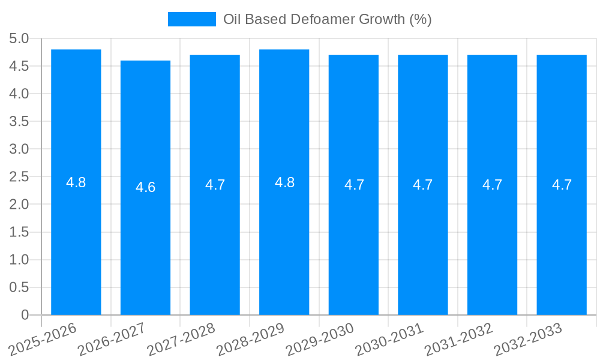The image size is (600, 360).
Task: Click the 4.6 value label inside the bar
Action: [x=145, y=187]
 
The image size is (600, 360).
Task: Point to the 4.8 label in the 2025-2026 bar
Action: [x=76, y=182]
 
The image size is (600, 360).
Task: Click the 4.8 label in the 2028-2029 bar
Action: [x=284, y=182]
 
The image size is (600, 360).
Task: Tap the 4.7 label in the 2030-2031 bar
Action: [x=423, y=185]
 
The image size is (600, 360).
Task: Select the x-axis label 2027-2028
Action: [x=181, y=339]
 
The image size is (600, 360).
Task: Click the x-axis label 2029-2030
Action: [x=320, y=339]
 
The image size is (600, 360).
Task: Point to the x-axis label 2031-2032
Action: [x=458, y=339]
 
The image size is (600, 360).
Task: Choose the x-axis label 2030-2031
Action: [x=389, y=339]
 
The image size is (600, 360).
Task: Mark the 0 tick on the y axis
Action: [x=25, y=315]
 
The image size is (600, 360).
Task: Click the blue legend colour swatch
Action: [x=191, y=19]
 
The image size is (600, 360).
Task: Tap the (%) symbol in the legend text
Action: [x=420, y=19]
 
